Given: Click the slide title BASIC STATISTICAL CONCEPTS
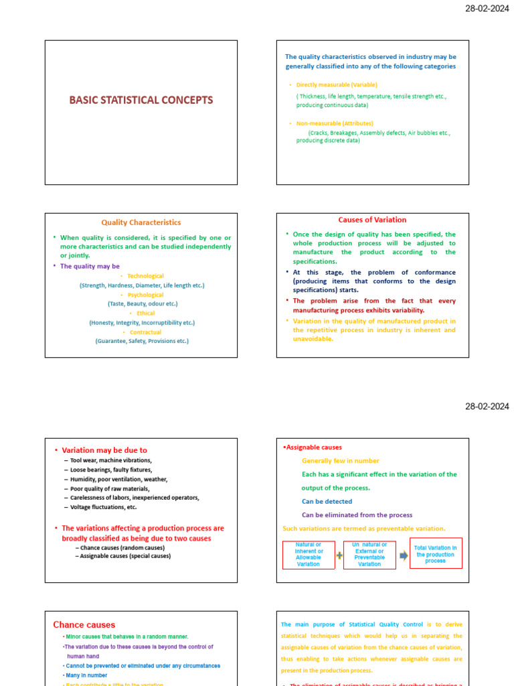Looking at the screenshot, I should click(x=141, y=100).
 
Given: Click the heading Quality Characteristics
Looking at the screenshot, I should click(x=141, y=222).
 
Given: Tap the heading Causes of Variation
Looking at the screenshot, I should click(x=372, y=220).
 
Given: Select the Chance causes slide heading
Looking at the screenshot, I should click(x=84, y=624).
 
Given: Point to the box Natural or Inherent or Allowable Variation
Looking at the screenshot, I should click(x=308, y=555).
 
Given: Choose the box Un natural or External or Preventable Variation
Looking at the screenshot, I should click(x=369, y=555).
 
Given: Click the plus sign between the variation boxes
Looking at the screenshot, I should click(x=339, y=555).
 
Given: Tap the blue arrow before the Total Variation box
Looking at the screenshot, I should click(x=403, y=555).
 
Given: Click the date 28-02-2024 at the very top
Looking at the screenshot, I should click(x=487, y=9).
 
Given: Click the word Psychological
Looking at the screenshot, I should click(x=145, y=295).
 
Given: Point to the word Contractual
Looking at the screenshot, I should click(x=145, y=332).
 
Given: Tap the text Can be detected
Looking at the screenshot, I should click(x=327, y=501).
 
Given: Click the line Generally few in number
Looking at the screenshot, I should click(x=340, y=461).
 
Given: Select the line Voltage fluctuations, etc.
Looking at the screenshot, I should click(x=103, y=507).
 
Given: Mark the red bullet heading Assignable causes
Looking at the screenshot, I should click(x=313, y=448).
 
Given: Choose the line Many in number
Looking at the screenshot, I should click(x=86, y=675).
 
